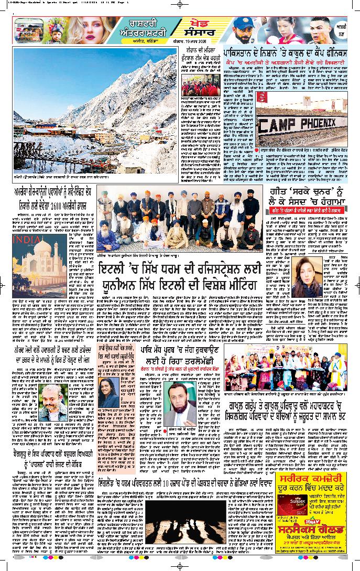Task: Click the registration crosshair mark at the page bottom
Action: [x=180, y=565]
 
